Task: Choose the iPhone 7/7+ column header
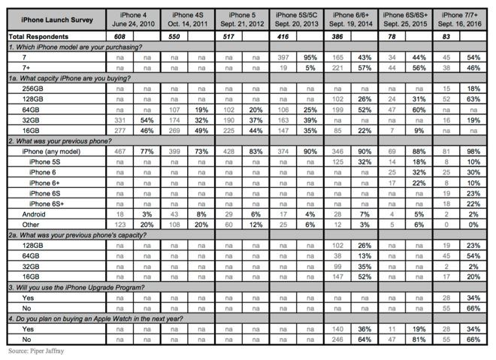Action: pos(462,19)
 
